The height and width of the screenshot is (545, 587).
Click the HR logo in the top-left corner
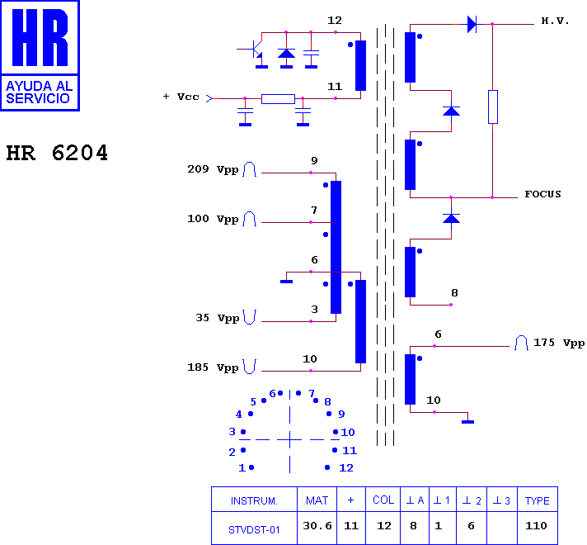click(40, 55)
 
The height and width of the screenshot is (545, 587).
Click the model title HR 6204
click(57, 153)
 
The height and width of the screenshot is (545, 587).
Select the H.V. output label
click(555, 21)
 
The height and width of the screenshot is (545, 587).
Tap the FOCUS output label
click(542, 194)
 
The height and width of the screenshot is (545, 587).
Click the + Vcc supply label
click(181, 97)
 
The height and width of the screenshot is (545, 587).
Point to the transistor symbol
click(256, 50)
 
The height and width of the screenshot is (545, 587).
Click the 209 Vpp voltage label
click(213, 169)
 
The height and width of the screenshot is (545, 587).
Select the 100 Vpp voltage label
click(213, 219)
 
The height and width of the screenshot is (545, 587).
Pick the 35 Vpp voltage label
click(217, 318)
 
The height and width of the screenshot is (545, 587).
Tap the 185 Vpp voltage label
click(213, 367)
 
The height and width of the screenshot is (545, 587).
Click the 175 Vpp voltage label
click(559, 343)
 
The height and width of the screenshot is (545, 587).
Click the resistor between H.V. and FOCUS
click(493, 107)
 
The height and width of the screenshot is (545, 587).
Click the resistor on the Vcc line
click(278, 99)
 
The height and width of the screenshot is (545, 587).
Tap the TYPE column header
click(538, 500)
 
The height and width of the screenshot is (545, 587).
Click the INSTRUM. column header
click(254, 500)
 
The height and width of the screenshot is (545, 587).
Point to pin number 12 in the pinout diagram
click(346, 467)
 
